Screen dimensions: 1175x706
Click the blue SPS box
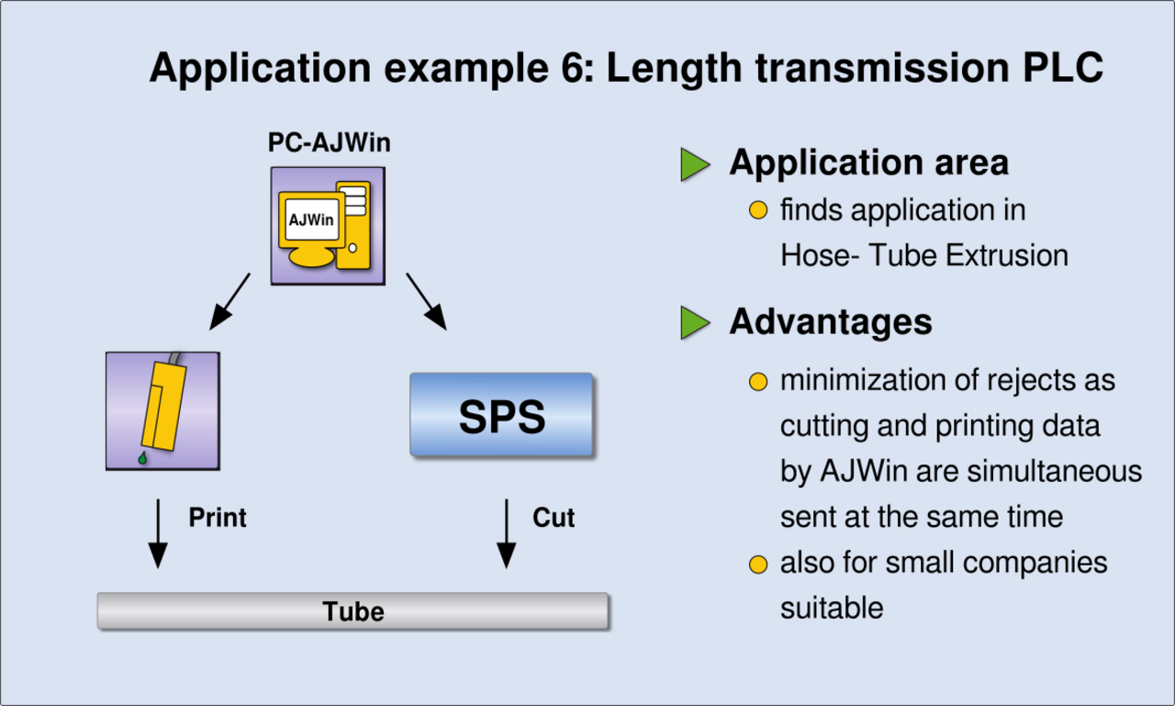(x=501, y=415)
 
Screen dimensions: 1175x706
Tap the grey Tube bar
(x=353, y=611)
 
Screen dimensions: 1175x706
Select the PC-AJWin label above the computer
(x=330, y=142)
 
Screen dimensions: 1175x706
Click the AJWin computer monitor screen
(x=311, y=219)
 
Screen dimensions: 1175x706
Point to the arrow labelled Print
(x=158, y=533)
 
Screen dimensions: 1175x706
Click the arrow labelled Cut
(x=506, y=533)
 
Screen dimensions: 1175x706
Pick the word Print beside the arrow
(x=218, y=518)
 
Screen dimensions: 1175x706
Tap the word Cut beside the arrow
(x=554, y=518)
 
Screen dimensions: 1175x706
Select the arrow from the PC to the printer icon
(x=229, y=302)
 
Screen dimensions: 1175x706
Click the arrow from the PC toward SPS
(x=427, y=302)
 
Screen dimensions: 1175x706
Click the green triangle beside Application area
(x=695, y=164)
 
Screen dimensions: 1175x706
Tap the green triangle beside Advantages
(x=695, y=322)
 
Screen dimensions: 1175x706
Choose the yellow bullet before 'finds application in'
(x=758, y=210)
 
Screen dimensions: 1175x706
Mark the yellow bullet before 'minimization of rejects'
(x=758, y=381)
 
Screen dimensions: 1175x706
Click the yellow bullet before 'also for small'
(x=758, y=565)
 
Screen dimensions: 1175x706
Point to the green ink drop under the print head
(x=142, y=458)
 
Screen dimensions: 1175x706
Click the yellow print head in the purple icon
(x=163, y=406)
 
